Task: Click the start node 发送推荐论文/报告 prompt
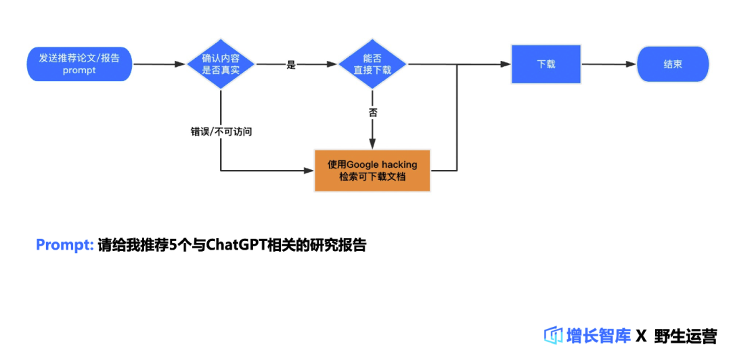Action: pos(79,64)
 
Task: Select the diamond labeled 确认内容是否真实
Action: pos(221,64)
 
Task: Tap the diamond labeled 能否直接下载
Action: pos(372,64)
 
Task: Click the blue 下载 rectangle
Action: pos(546,64)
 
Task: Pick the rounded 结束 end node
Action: pos(672,64)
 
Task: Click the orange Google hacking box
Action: pos(372,170)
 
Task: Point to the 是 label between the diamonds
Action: pos(292,65)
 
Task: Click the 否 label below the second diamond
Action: pos(373,112)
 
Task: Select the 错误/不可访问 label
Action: pos(221,131)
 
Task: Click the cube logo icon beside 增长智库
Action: pos(554,335)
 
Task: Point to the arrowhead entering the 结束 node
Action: pos(632,64)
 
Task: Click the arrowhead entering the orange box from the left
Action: pos(310,170)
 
